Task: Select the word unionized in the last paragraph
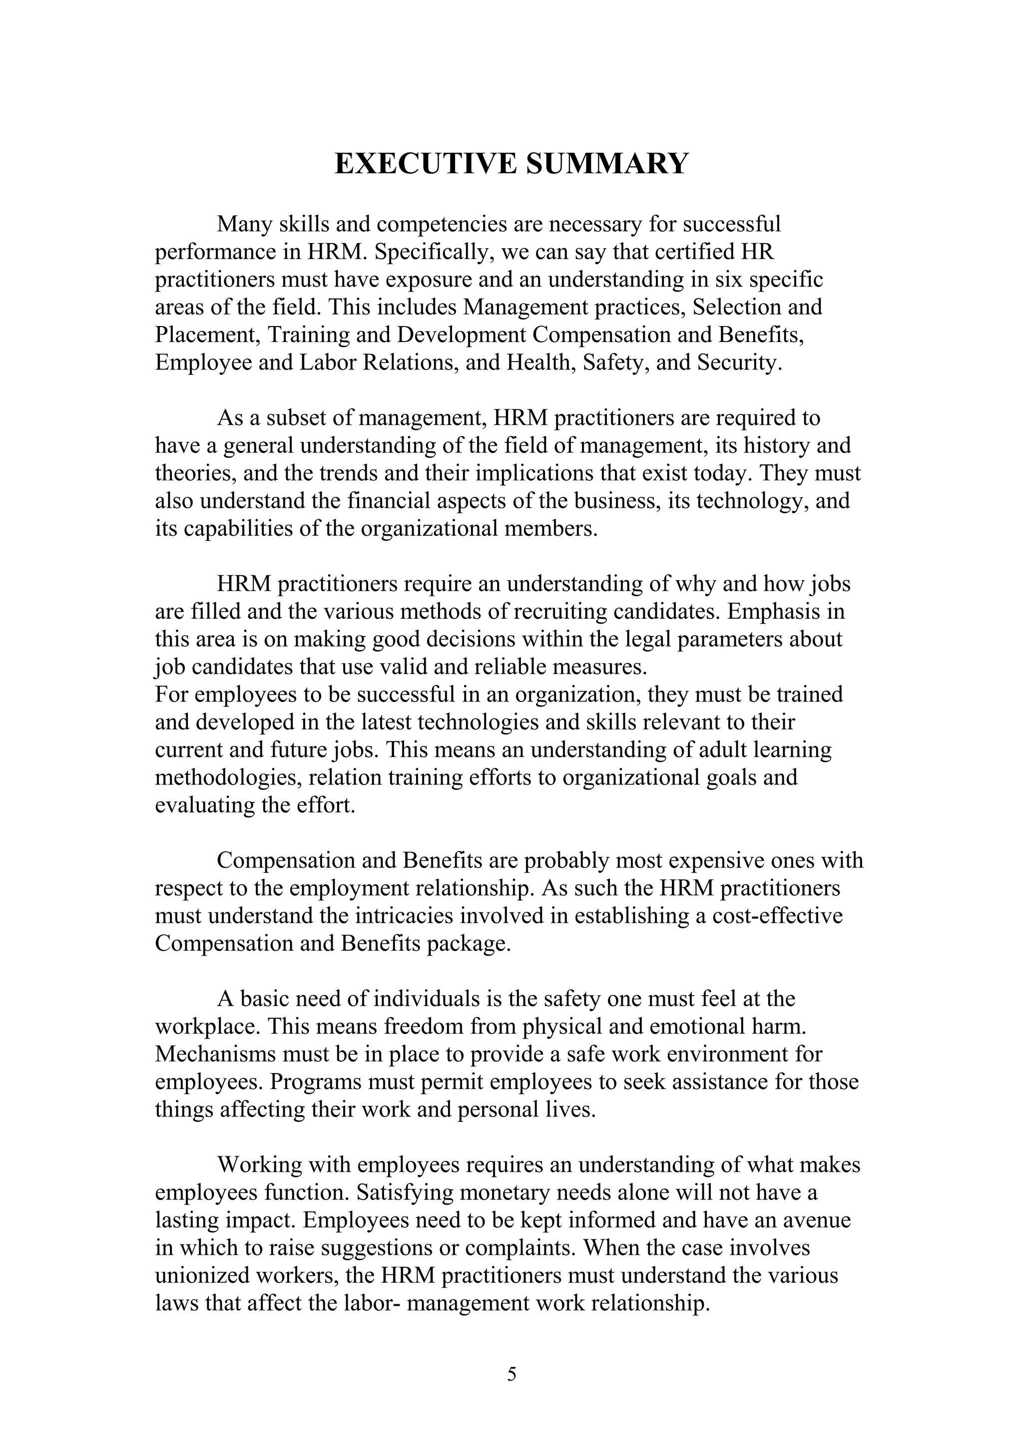pyautogui.click(x=200, y=1276)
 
